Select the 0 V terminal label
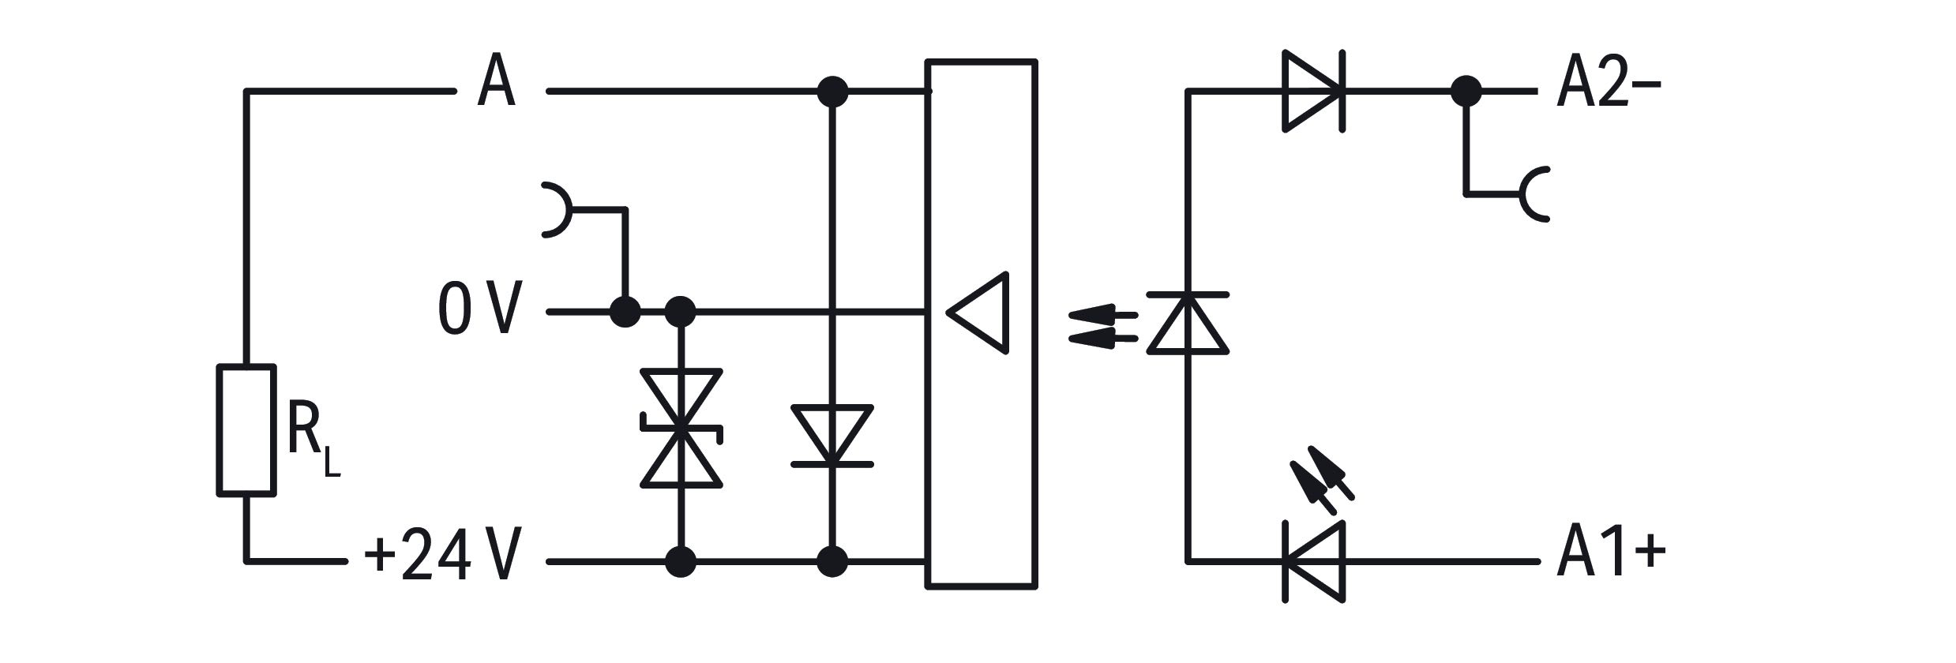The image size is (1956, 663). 479,311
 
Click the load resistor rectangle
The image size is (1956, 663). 246,431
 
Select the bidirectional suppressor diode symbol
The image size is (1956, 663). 681,428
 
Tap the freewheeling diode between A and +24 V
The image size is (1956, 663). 832,435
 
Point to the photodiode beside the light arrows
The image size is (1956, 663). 1188,322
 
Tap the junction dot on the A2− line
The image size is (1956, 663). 1466,91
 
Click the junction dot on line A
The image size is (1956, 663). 832,92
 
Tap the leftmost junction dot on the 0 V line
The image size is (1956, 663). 625,312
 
